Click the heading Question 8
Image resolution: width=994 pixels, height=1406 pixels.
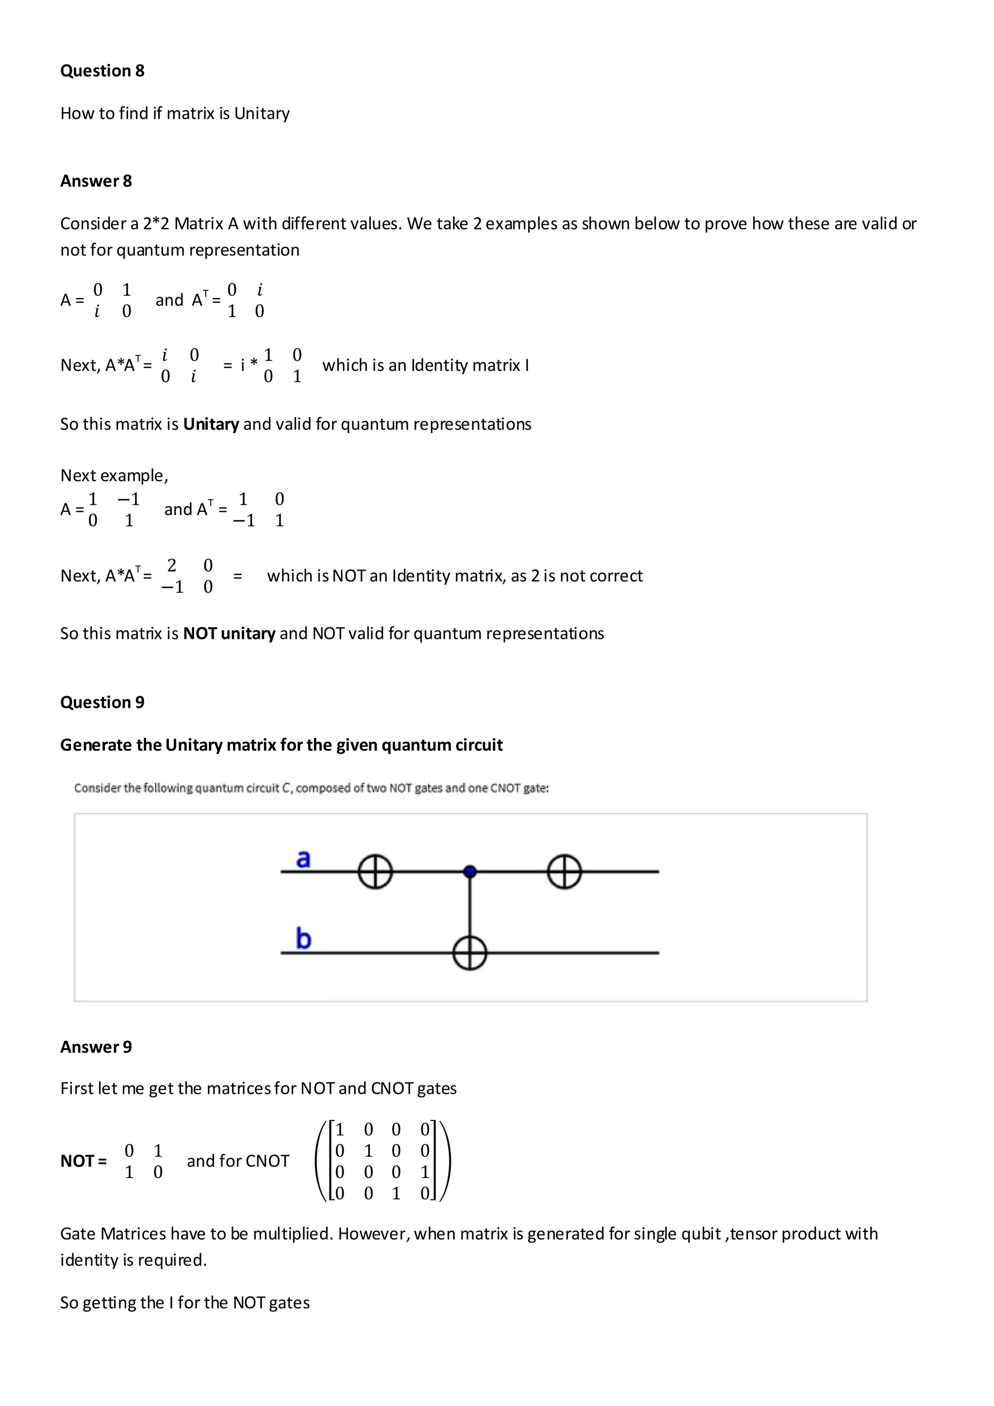point(102,71)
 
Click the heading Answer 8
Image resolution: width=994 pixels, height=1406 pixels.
point(96,181)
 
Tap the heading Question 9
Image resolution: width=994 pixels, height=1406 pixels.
point(102,703)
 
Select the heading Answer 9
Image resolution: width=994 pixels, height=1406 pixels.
point(96,1047)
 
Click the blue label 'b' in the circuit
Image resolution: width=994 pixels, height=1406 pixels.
point(303,939)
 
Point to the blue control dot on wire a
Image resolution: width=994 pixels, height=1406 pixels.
point(469,871)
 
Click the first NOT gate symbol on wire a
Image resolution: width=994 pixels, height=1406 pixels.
point(375,871)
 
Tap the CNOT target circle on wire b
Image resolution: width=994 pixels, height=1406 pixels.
point(469,953)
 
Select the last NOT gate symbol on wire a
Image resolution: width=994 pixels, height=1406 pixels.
point(563,871)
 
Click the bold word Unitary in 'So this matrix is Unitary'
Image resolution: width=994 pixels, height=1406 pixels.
point(211,424)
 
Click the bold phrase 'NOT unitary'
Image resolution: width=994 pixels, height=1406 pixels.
point(230,634)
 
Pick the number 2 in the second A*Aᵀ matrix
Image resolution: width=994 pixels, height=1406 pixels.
point(172,565)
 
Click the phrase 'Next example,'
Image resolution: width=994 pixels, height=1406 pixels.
point(114,476)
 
